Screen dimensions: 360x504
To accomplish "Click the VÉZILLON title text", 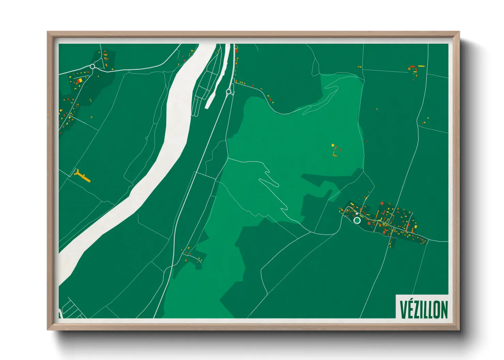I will point(423,309).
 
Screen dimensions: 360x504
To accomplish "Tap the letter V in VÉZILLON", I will point(403,309).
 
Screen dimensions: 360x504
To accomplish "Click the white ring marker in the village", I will point(357,220).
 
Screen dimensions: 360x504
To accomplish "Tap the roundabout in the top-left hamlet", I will point(92,66).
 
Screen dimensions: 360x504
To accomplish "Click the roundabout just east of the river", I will point(229,91).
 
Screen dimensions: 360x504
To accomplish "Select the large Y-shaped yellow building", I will point(82,176).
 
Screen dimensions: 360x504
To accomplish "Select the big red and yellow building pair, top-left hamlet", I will point(79,81).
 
